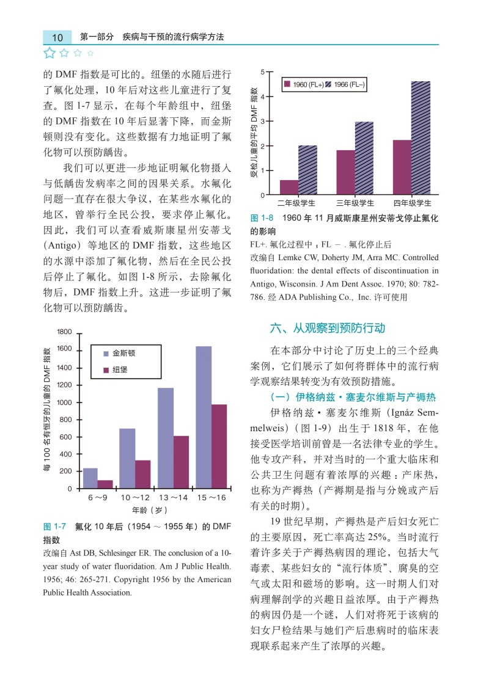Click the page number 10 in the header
pos(57,37)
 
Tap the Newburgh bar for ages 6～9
pos(105,484)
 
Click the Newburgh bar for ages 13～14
pos(181,462)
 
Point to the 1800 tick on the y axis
pos(65,332)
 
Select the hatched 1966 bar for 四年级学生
pos(421,138)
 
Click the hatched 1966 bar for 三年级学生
pos(364,158)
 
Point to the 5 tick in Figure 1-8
pos(262,73)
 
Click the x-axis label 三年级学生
pos(355,203)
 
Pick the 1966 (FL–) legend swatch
pos(328,84)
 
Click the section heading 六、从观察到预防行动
pos(327,329)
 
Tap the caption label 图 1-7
pos(54,527)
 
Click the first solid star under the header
pos(50,53)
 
